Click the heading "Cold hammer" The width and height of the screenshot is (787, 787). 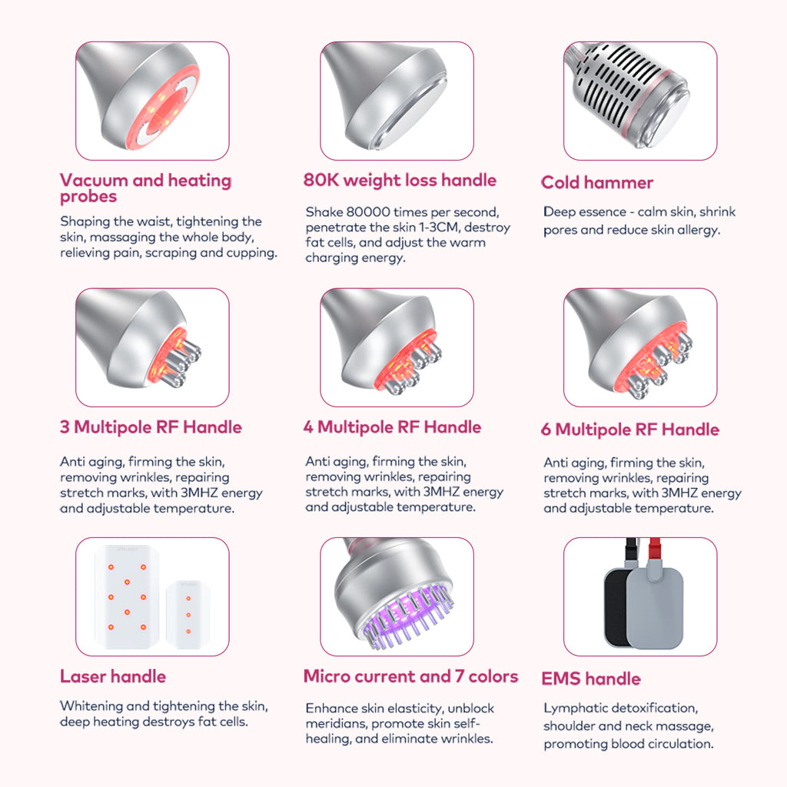pyautogui.click(x=596, y=182)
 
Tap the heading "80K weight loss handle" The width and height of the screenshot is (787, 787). pyautogui.click(x=400, y=180)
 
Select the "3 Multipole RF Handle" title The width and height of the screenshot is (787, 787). pyautogui.click(x=151, y=427)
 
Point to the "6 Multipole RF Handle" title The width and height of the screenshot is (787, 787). pyautogui.click(x=630, y=430)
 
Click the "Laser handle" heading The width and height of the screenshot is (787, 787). pyautogui.click(x=113, y=676)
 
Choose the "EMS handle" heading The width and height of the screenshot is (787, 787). pyautogui.click(x=591, y=679)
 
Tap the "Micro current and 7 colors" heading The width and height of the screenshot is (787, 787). pyautogui.click(x=410, y=676)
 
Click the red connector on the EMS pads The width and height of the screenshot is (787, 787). pyautogui.click(x=655, y=548)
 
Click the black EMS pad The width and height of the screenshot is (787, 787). pyautogui.click(x=616, y=607)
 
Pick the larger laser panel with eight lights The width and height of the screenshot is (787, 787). pyautogui.click(x=127, y=596)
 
